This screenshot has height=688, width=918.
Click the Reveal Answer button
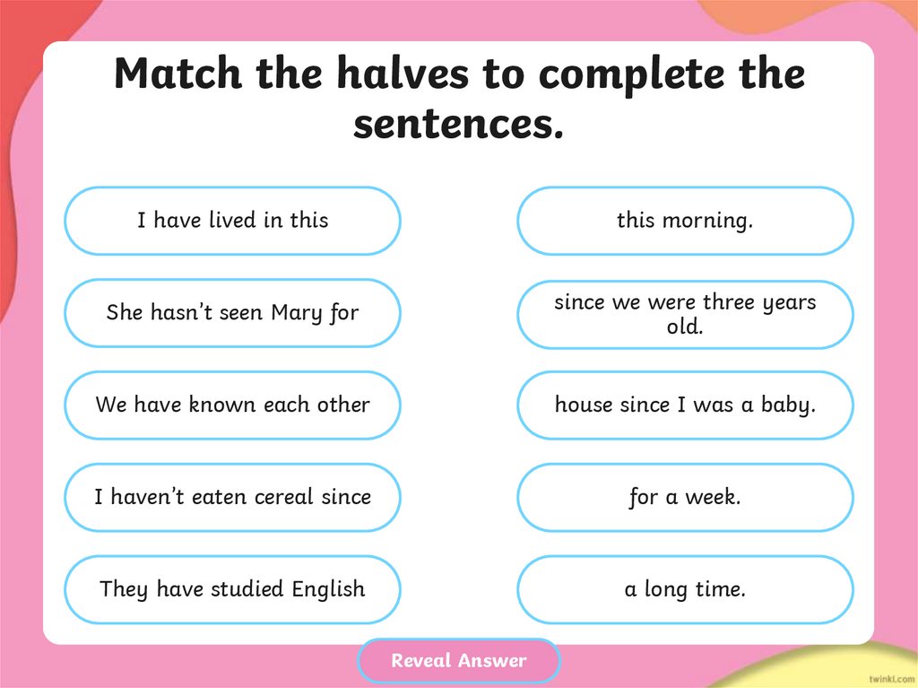click(x=458, y=661)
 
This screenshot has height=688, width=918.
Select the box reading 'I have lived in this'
click(x=232, y=221)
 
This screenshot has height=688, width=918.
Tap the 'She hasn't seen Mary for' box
click(x=232, y=313)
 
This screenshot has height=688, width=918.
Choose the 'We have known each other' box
click(x=232, y=405)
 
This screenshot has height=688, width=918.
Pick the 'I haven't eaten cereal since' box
click(x=232, y=497)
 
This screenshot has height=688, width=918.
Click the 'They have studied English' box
click(x=232, y=589)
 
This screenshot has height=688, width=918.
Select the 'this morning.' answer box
click(x=685, y=221)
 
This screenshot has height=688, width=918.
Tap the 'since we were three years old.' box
click(x=685, y=314)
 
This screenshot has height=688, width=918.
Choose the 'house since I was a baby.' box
click(x=685, y=405)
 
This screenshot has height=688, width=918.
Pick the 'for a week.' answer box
click(x=685, y=497)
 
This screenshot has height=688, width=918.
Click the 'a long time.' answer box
click(x=685, y=589)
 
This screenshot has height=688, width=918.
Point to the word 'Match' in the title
click(x=178, y=74)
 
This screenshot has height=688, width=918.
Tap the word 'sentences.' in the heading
click(x=459, y=124)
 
